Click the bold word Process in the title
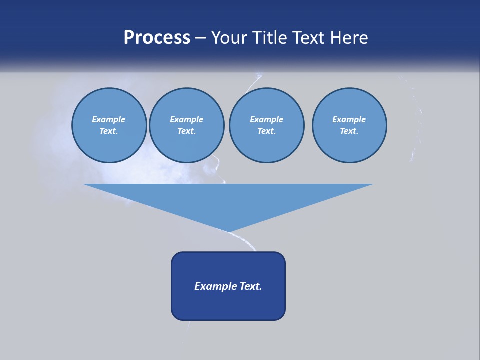click(157, 38)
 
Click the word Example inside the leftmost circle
click(109, 119)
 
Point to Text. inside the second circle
click(186, 131)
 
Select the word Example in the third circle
click(266, 119)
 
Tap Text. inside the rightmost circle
click(349, 131)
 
